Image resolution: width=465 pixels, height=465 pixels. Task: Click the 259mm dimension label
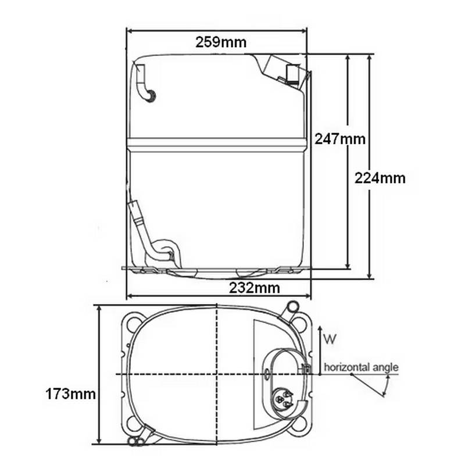[x=221, y=42]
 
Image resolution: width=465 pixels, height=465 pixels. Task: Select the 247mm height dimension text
[x=340, y=139]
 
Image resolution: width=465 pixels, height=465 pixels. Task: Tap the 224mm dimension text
[x=380, y=178]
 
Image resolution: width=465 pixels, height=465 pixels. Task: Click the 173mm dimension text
[x=70, y=394]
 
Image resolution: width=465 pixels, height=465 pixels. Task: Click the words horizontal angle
[x=361, y=367]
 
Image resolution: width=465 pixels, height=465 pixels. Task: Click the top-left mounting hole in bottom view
[x=134, y=321]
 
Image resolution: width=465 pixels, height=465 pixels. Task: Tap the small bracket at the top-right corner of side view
[x=294, y=73]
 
